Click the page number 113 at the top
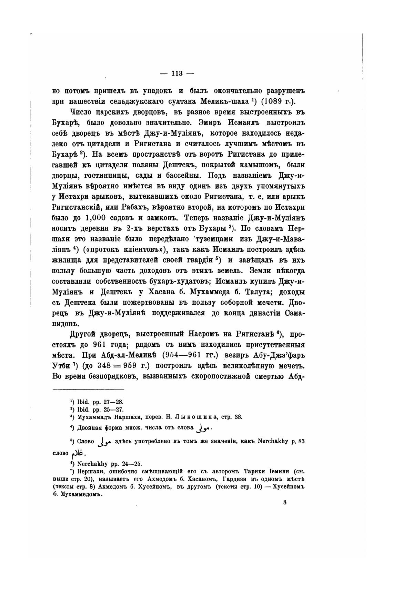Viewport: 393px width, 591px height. click(x=177, y=73)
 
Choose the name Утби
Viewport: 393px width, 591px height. click(x=60, y=366)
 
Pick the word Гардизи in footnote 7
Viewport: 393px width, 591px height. click(x=235, y=479)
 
